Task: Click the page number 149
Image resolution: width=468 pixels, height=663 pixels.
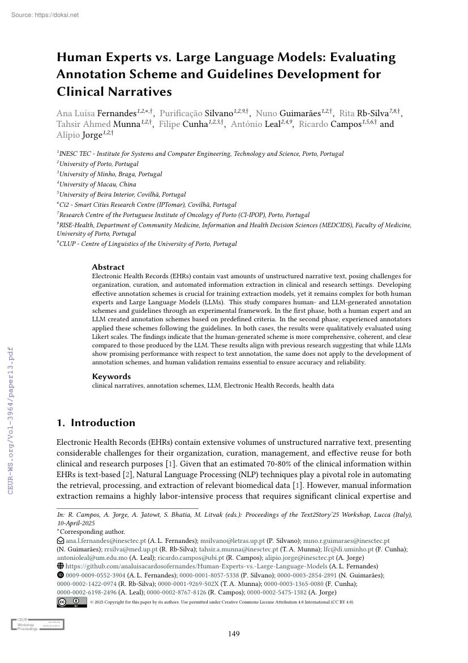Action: point(234,634)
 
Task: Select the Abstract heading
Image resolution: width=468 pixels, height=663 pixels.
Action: point(108,267)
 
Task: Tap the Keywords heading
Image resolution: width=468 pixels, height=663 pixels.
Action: point(111,376)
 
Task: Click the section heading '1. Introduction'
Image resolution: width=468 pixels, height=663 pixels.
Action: point(96,423)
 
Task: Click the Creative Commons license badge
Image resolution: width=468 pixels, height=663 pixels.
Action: point(72,602)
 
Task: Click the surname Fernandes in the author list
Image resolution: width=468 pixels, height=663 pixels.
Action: point(121,113)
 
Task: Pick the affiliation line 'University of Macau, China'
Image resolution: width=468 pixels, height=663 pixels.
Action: point(97,184)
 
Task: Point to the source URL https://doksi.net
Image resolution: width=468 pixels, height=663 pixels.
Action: point(45,15)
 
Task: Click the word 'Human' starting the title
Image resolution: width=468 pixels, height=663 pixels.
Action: point(78,57)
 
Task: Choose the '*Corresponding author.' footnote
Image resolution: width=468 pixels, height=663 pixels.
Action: point(91,532)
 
